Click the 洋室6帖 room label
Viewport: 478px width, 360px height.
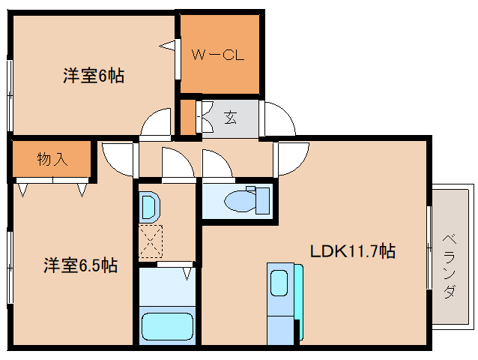tap(93, 75)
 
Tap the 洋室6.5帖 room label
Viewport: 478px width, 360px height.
tap(79, 265)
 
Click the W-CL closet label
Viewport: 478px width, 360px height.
tap(217, 55)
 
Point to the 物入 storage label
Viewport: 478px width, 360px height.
tap(51, 159)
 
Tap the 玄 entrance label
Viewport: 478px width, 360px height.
tap(229, 118)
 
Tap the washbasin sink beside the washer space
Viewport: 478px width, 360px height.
tap(148, 206)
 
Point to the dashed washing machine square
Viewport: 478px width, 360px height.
tap(150, 240)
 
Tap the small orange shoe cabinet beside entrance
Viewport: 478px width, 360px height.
tap(187, 118)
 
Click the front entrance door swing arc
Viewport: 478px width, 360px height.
tap(280, 118)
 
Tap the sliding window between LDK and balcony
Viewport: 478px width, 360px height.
tap(429, 247)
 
